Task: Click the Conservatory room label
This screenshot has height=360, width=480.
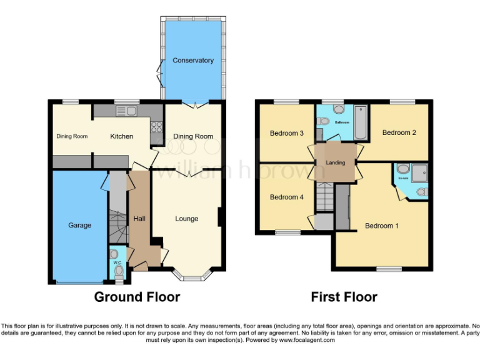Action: pyautogui.click(x=193, y=61)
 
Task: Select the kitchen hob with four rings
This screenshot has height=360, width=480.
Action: pyautogui.click(x=156, y=127)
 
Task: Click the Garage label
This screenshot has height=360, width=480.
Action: pyautogui.click(x=79, y=225)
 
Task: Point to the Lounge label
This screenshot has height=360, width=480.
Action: pyautogui.click(x=186, y=219)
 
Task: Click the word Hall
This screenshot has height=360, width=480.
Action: pyautogui.click(x=139, y=218)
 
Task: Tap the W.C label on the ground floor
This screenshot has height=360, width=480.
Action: pyautogui.click(x=116, y=263)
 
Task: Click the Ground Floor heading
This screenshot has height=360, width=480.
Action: pyautogui.click(x=137, y=297)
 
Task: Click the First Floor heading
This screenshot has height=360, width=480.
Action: pyautogui.click(x=344, y=297)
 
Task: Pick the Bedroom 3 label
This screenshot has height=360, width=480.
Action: pyautogui.click(x=287, y=133)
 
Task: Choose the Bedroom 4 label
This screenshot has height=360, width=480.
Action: pyautogui.click(x=287, y=197)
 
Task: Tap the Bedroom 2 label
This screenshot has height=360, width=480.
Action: pyautogui.click(x=399, y=132)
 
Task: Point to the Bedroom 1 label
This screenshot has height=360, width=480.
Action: pyautogui.click(x=382, y=226)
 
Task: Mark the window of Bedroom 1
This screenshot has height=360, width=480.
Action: pyautogui.click(x=389, y=269)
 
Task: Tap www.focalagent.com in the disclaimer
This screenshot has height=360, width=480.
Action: pyautogui.click(x=307, y=340)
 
